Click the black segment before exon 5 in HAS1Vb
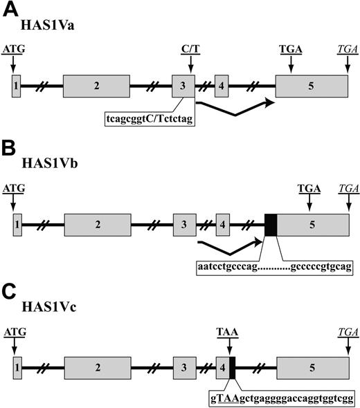point(271,224)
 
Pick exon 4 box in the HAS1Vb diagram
point(222,224)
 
